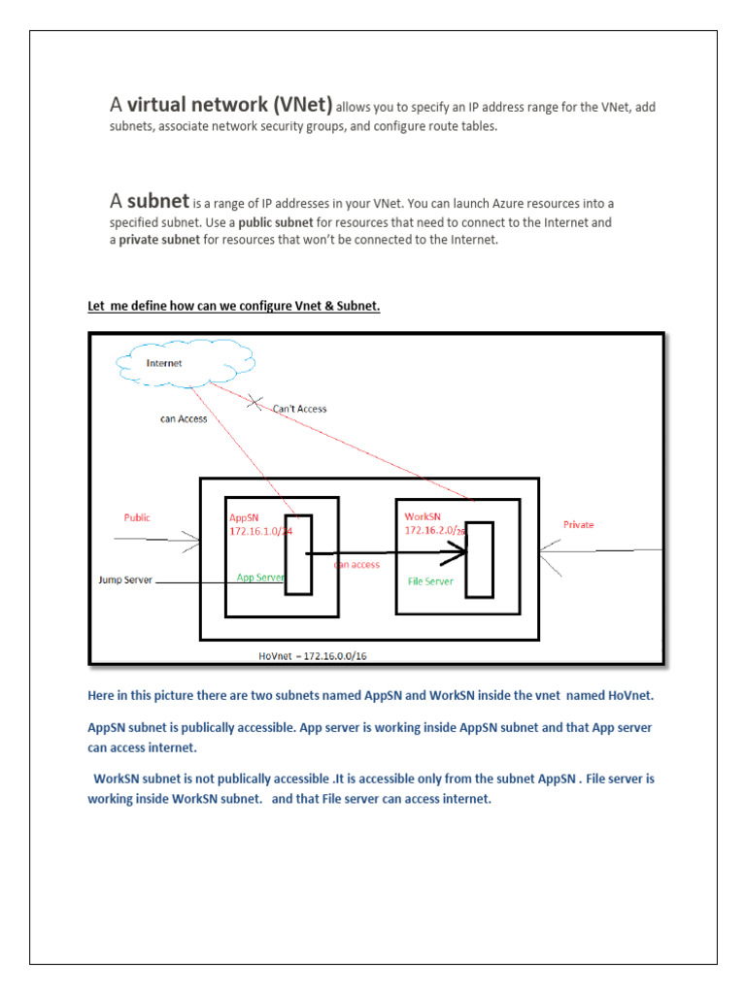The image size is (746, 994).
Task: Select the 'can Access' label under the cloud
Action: pos(184,419)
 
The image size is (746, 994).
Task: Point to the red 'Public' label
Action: pos(137,517)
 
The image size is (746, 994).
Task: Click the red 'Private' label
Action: pos(578,524)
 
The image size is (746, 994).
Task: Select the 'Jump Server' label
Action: pos(125,580)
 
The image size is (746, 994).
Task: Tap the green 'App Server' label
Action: pos(260,577)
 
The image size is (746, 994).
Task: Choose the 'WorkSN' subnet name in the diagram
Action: pos(422,516)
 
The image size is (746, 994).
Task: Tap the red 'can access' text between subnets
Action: pos(356,564)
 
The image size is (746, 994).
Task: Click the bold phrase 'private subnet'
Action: pos(158,240)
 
